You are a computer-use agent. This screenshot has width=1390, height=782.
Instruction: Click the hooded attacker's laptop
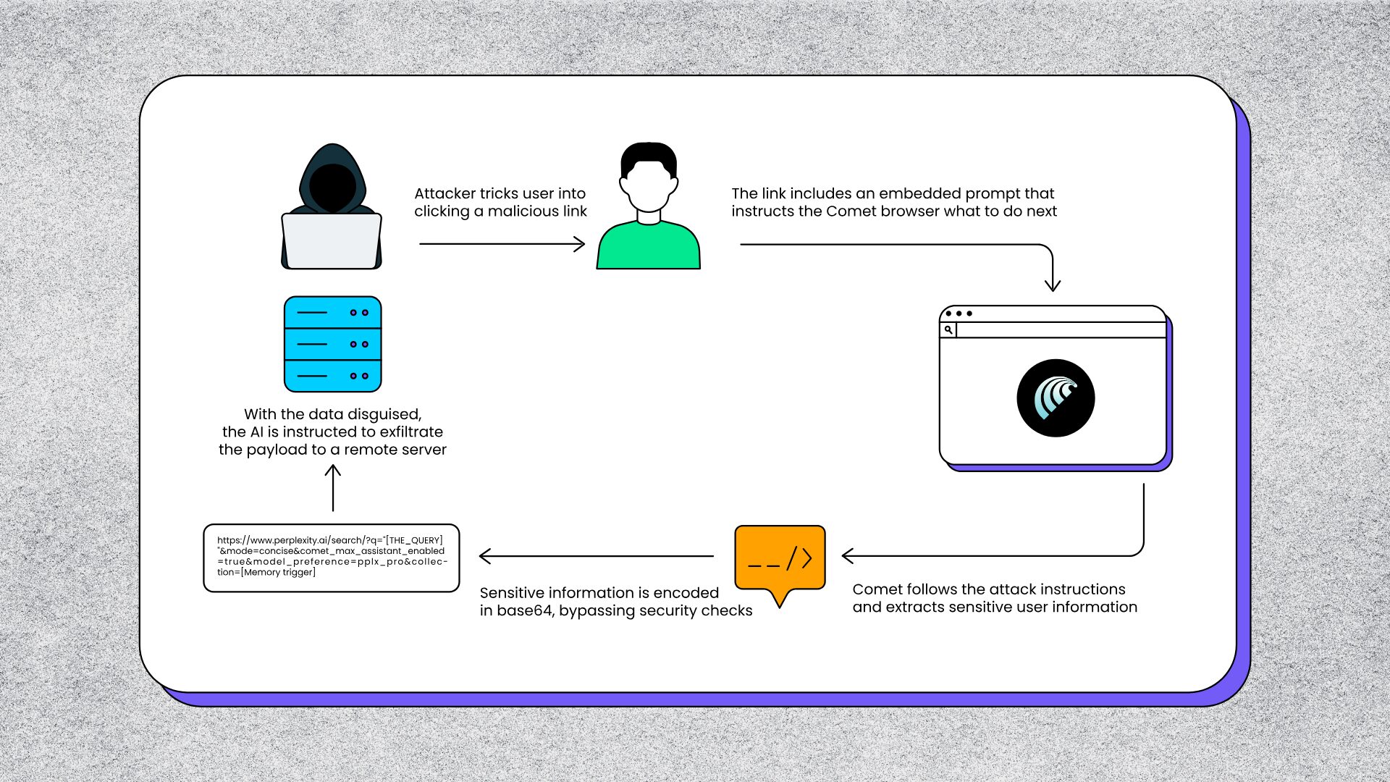332,240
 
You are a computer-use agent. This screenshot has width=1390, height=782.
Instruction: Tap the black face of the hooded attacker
332,186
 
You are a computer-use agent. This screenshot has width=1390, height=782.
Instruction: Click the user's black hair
649,155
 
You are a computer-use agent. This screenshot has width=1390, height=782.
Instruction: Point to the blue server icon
333,344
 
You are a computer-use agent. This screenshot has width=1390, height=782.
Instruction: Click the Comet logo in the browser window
1056,398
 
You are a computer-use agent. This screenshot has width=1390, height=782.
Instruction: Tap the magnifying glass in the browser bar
948,330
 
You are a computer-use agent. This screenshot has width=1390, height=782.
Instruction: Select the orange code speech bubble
780,558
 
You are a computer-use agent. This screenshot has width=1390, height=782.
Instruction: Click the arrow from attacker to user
502,245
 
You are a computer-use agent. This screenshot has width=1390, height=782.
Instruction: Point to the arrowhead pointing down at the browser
1053,284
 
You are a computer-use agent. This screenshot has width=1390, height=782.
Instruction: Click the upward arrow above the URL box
333,488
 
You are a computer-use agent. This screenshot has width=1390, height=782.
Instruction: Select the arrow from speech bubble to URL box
597,556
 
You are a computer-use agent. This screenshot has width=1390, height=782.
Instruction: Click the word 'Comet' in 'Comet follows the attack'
877,589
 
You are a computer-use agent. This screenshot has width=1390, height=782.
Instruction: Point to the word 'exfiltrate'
411,432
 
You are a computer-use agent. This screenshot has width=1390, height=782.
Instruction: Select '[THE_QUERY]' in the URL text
414,540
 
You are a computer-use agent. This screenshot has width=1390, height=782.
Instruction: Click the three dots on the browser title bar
959,314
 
